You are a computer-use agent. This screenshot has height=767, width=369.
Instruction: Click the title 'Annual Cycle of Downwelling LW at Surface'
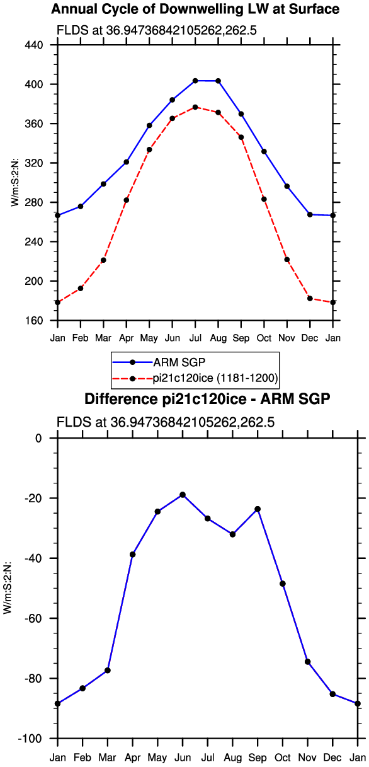195,9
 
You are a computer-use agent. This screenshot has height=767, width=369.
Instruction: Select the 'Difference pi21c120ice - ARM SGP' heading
207,399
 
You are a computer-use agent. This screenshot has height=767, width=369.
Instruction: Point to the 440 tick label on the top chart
33,45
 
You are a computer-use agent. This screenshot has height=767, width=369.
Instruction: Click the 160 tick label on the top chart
33,321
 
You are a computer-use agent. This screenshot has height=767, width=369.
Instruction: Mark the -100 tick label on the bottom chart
30,739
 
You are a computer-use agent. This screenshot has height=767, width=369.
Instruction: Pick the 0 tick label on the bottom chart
38,439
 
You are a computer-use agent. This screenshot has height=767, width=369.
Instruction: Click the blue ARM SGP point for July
195,81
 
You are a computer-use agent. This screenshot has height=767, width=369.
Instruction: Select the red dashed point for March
103,260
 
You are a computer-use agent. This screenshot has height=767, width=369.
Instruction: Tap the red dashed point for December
310,299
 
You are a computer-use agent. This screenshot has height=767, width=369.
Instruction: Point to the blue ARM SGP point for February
81,207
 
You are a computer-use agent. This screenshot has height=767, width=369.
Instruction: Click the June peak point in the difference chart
183,495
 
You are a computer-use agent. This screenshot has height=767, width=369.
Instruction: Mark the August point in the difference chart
232,534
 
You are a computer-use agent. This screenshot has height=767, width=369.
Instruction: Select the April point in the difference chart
133,555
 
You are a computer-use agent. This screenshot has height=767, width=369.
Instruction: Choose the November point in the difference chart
307,662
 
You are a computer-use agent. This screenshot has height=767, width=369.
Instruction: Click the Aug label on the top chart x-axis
218,338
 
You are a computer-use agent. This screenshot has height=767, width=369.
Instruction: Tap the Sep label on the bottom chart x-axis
258,758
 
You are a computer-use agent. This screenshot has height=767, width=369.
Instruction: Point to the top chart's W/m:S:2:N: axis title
15,183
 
